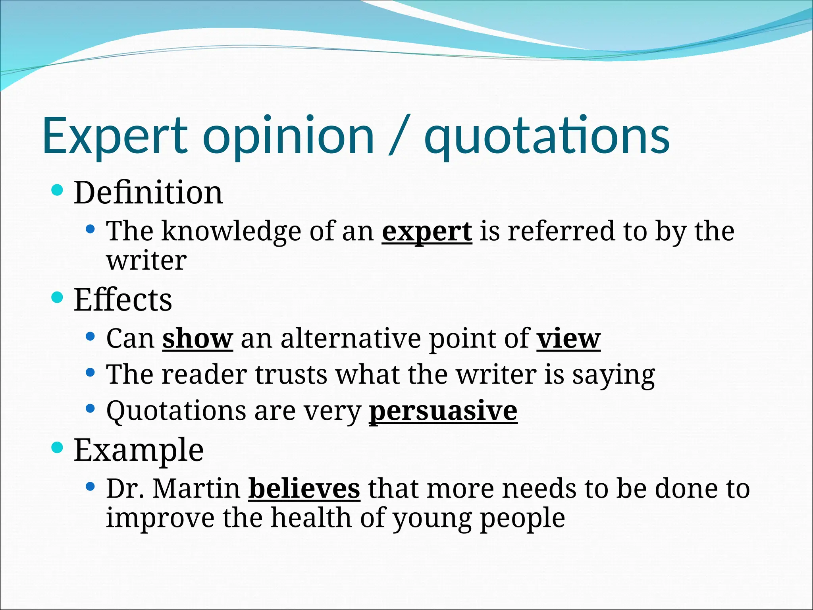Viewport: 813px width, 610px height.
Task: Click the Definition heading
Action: click(148, 193)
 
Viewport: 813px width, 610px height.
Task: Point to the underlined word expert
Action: click(427, 232)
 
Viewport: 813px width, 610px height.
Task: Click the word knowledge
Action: click(231, 232)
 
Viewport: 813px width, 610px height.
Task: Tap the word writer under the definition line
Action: click(146, 261)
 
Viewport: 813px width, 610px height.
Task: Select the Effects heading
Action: click(123, 300)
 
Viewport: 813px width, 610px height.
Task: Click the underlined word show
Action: click(197, 339)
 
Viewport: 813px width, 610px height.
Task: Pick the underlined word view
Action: click(568, 339)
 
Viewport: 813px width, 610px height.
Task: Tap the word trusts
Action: click(291, 374)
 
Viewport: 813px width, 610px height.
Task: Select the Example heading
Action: click(139, 450)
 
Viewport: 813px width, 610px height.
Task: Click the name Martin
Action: click(196, 488)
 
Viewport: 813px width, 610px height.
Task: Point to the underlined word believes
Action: click(304, 488)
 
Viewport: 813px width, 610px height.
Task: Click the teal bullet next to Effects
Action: click(58, 297)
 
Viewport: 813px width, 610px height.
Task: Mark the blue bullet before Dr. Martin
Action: click(91, 486)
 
